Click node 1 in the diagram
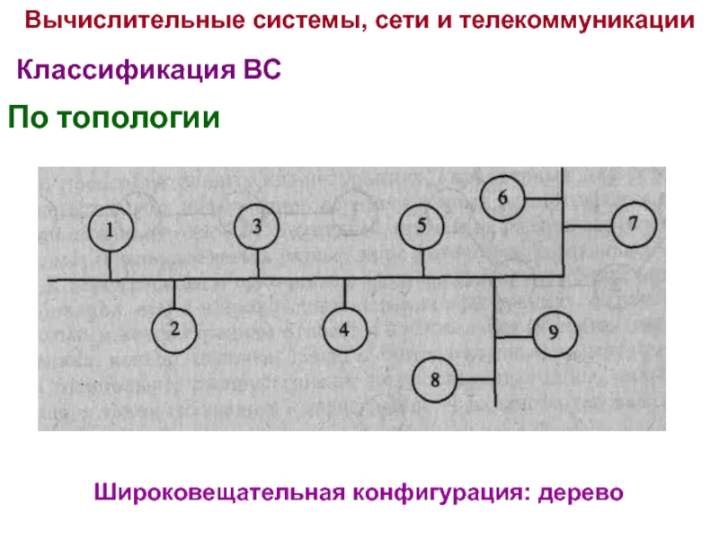coord(111,230)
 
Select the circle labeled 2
coord(176,329)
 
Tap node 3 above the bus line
coord(257,226)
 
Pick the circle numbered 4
coord(344,329)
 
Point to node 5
coord(422,226)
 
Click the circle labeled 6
coord(502,198)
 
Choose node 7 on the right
coord(635,224)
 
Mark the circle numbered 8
coord(437,379)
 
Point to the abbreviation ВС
coord(262,70)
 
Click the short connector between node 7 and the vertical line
coord(587,224)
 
